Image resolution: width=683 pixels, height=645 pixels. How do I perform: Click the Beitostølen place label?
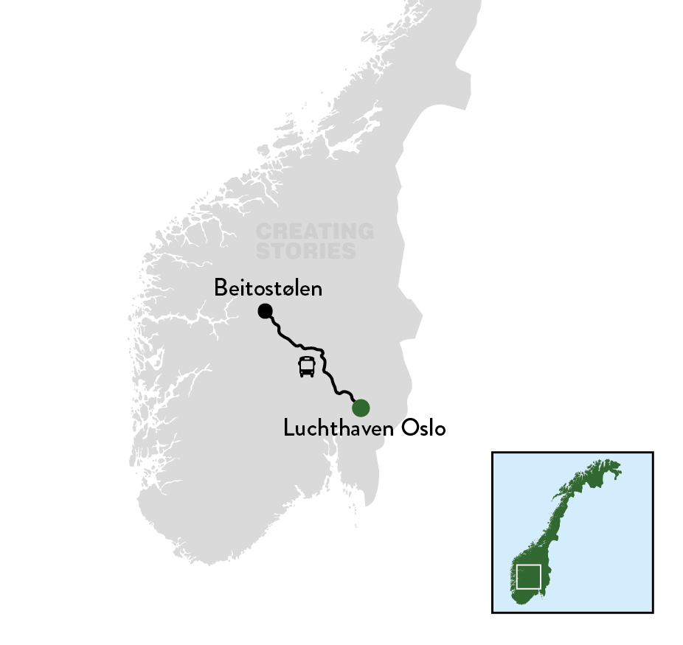point(268,288)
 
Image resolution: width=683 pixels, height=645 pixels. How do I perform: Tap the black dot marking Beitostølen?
point(265,311)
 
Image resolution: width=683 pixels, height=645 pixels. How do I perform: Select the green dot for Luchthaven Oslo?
point(361,407)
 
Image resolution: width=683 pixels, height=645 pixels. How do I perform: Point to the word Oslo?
point(423,428)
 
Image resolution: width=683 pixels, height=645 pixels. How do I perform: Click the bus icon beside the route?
point(307,366)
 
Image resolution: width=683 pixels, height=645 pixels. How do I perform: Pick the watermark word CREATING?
point(315,232)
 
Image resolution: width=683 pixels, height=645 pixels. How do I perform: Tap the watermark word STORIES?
point(306,251)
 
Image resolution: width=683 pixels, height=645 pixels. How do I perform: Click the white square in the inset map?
point(529,576)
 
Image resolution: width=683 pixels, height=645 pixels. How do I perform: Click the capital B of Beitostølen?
point(220,288)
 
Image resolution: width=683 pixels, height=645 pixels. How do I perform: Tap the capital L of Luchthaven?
point(288,428)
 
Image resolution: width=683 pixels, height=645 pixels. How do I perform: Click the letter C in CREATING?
point(263,232)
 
